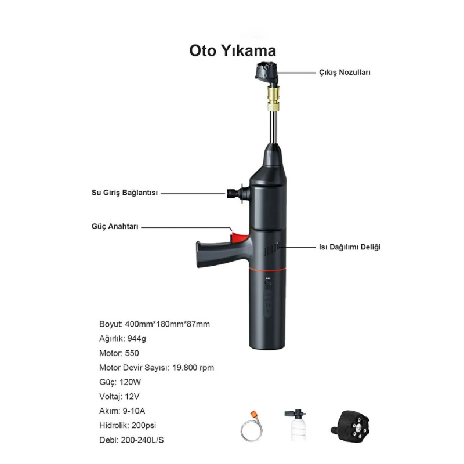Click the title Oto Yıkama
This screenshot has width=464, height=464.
233,50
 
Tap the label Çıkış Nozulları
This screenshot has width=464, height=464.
345,72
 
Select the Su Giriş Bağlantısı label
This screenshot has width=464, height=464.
125,193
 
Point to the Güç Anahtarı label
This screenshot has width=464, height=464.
115,226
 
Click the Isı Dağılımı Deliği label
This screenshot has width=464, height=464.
350,247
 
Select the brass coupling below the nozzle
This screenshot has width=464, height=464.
273,98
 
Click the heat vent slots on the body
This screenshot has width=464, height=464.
271,249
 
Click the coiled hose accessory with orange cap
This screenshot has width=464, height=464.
252,426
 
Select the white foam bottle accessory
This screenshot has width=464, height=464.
296,425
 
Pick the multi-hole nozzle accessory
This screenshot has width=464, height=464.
350,426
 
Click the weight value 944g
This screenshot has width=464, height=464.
137,339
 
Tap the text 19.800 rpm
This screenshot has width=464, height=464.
193,368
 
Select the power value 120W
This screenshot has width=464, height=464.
130,382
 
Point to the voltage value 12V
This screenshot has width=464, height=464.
132,397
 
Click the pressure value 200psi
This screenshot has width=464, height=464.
143,426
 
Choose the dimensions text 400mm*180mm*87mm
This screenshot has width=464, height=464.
167,324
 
